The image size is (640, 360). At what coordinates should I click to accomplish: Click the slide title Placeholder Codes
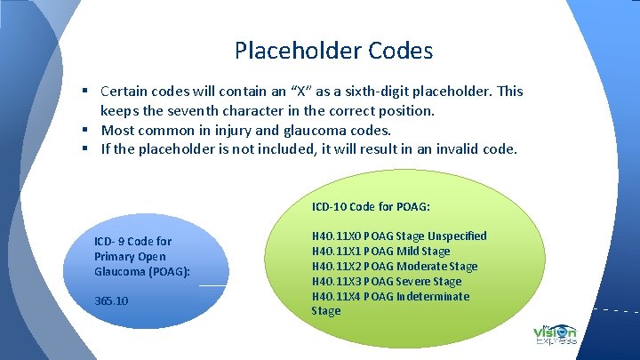click(x=333, y=51)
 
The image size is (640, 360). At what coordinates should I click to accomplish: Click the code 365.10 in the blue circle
click(x=111, y=300)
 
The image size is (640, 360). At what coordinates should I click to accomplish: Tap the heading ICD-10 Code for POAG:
click(x=372, y=207)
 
